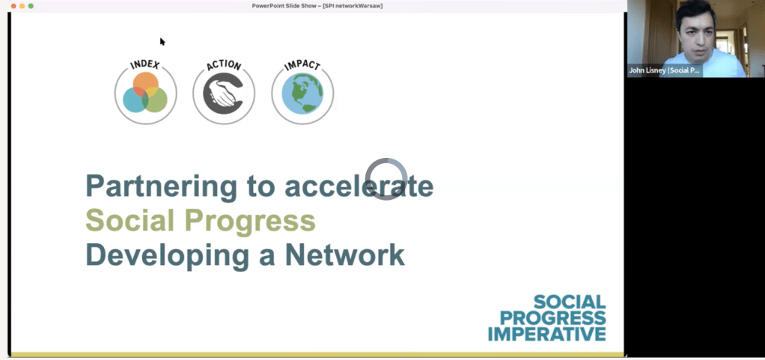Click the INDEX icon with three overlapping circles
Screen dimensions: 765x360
coord(145,92)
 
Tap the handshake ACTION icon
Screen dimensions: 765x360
coord(224,92)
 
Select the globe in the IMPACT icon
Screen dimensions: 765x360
coord(302,93)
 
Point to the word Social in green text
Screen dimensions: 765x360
coord(130,220)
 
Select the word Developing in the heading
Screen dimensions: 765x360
coord(168,255)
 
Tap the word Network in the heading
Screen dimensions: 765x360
coord(345,254)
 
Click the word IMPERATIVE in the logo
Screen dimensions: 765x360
coord(547,334)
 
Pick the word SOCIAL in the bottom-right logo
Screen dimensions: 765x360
coord(570,302)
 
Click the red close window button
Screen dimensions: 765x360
coord(13,6)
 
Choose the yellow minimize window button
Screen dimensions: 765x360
coord(22,6)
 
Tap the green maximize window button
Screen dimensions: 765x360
coord(31,6)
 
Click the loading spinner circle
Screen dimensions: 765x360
coord(386,160)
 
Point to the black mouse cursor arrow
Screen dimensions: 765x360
coord(162,41)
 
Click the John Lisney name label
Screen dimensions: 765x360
coord(665,70)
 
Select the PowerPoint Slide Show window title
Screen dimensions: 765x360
coord(317,6)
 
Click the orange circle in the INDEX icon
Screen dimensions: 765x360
coord(145,85)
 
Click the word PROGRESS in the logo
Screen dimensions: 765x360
coord(552,318)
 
